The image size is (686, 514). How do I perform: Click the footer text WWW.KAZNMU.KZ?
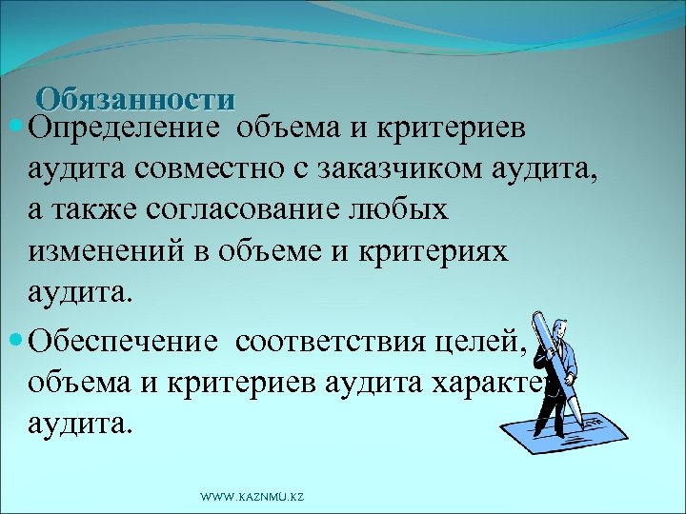click(x=252, y=497)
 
